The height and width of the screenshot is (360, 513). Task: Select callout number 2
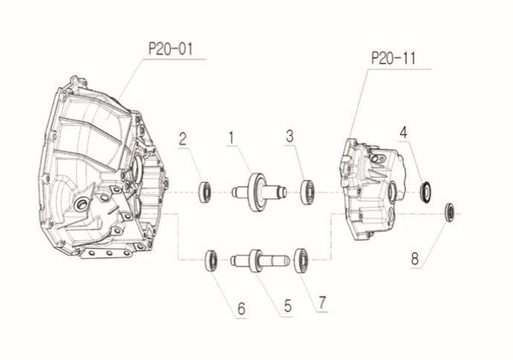[x=183, y=140]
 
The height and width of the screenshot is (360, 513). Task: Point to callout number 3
[x=291, y=136]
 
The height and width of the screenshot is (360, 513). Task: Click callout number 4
[x=402, y=133]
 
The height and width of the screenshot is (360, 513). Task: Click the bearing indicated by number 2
[x=205, y=192]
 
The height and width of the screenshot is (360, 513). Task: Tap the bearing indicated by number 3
[x=306, y=190]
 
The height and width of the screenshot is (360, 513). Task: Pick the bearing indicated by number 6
[x=209, y=258]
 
